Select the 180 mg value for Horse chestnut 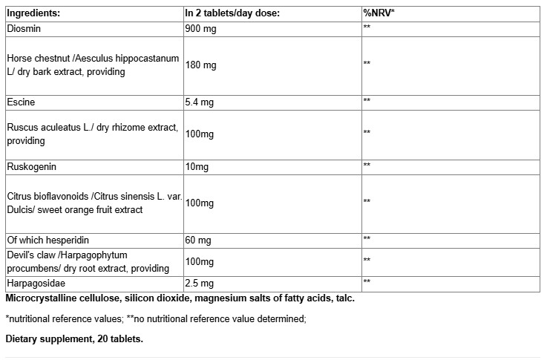tap(201, 65)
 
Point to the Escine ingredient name tap(20, 100)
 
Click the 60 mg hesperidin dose tap(199, 239)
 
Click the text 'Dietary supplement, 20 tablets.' tap(74, 338)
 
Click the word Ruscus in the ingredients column tap(22, 128)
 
